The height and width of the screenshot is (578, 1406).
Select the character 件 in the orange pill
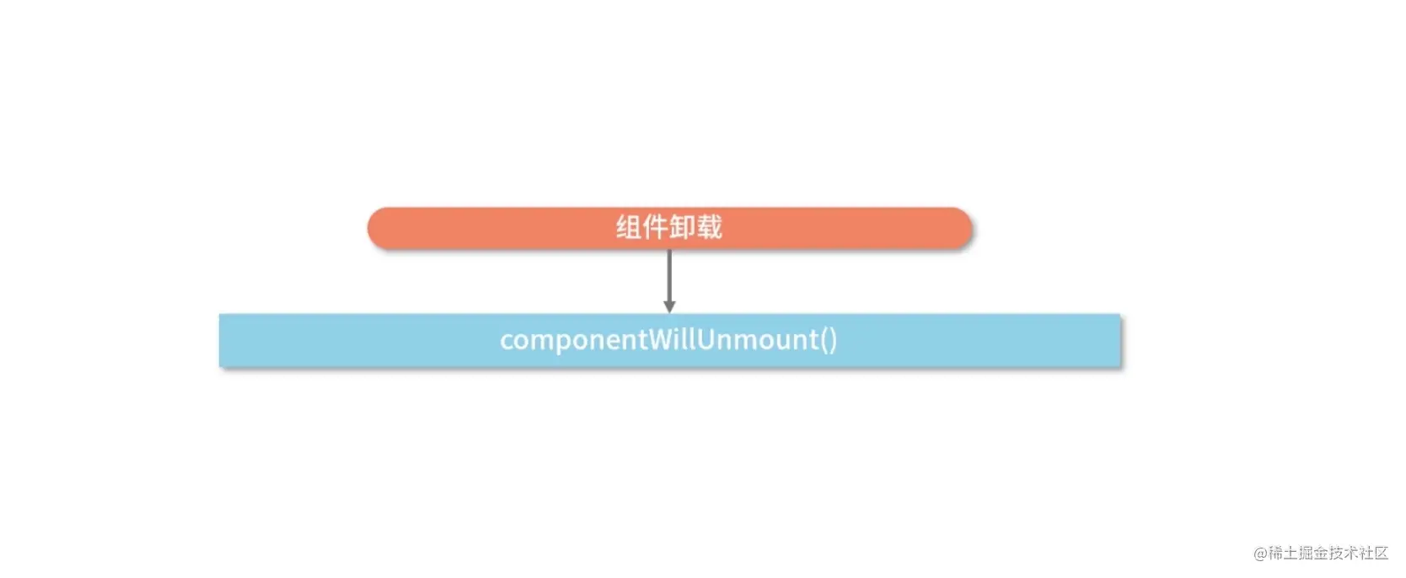tap(656, 228)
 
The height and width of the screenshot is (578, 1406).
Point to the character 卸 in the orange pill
tap(683, 228)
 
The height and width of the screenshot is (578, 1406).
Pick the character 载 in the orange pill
tap(710, 228)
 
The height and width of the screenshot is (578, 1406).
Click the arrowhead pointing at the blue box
tap(669, 306)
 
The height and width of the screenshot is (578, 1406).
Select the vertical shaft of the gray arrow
tap(669, 274)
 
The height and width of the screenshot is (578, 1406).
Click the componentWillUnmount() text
tap(668, 340)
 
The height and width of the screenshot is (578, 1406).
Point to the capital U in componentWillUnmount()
tap(707, 339)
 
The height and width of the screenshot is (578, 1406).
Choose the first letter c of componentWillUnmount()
tap(507, 341)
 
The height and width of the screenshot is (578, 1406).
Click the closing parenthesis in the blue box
tap(833, 340)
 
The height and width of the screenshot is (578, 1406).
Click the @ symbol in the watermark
tap(1261, 554)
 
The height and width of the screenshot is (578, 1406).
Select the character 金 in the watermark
tap(1321, 554)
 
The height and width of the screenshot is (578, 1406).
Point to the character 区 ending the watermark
tap(1381, 554)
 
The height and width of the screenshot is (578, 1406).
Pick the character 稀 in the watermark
tap(1276, 554)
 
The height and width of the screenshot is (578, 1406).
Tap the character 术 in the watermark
tap(1351, 554)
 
